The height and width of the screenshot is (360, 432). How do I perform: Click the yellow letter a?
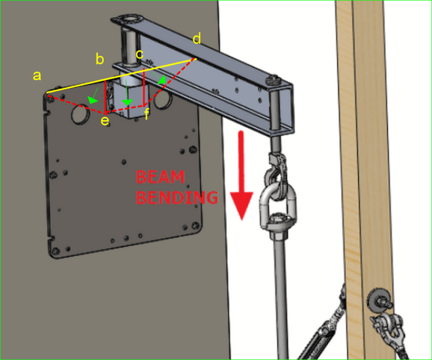37,75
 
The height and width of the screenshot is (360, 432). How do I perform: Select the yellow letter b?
100,59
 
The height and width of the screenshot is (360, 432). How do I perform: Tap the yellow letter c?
140,54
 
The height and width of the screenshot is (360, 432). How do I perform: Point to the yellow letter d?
197,38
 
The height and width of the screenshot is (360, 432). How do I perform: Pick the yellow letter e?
105,121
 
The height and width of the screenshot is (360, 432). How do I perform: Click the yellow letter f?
147,114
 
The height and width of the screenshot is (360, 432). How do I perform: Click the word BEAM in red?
160,177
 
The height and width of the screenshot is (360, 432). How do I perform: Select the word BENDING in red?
177,197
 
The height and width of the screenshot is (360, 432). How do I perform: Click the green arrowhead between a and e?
92,99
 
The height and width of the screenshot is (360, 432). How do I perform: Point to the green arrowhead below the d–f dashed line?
162,79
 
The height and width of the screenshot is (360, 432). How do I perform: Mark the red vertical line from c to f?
144,87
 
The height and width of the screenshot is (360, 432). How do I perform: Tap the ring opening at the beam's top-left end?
130,19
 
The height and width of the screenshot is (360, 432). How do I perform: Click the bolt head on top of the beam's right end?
273,80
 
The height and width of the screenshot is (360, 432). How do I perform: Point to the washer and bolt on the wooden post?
380,299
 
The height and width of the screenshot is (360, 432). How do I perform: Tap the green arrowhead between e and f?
127,102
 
